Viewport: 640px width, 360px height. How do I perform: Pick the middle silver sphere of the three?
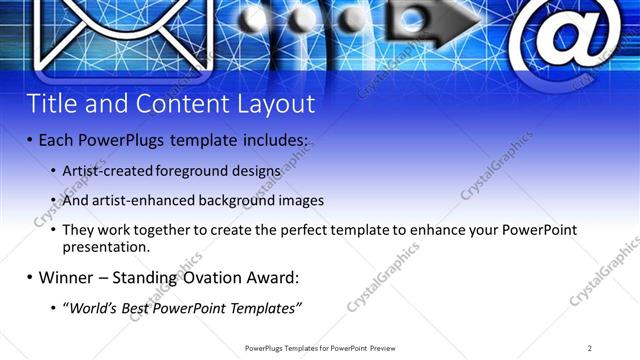coord(304,19)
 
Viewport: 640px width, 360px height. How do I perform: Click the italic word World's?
coord(94,306)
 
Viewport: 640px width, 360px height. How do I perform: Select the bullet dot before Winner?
coord(30,277)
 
